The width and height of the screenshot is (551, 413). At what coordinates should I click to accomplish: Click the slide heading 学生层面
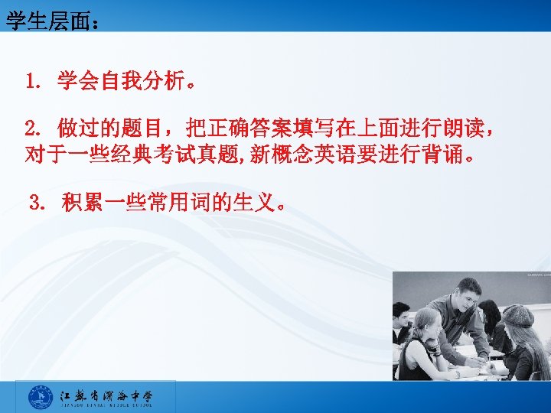(x=47, y=21)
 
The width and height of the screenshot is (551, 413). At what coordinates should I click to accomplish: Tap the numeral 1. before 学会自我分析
(x=35, y=81)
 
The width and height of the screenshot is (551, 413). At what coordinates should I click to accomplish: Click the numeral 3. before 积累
(x=38, y=204)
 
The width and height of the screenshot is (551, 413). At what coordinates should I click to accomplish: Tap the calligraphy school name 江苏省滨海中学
(x=107, y=395)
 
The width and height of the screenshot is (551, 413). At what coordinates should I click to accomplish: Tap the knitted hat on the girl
(x=517, y=315)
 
